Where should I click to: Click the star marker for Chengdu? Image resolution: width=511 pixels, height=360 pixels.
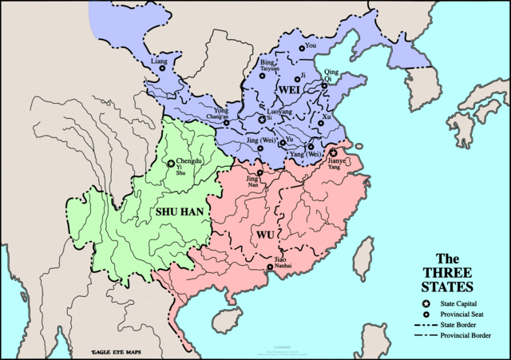(x=170, y=164)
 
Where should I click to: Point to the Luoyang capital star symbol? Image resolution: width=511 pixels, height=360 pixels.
(x=261, y=120)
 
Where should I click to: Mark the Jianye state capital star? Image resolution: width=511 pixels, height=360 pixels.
(x=333, y=152)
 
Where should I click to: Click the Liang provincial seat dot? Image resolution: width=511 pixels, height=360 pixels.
(x=162, y=68)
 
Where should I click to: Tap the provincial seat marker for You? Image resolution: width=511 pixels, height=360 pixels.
(x=302, y=49)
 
